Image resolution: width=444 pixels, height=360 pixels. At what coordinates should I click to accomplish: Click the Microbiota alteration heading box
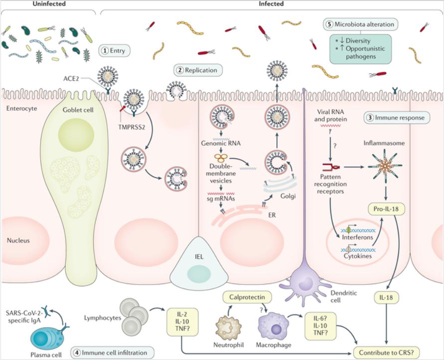tap(360, 23)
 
